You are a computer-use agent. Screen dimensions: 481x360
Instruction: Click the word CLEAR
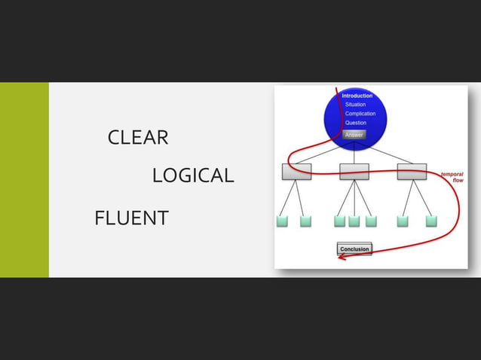point(138,137)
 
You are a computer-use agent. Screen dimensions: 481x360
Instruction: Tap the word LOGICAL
point(193,175)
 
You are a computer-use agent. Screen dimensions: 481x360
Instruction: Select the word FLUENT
point(132,218)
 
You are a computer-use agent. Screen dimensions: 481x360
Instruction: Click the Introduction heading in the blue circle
point(357,96)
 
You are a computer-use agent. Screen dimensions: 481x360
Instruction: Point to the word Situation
point(355,105)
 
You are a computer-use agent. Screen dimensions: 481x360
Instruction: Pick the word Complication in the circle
point(360,114)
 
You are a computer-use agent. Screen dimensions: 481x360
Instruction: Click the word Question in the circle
point(356,123)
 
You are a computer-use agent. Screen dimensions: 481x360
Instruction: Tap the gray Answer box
point(354,135)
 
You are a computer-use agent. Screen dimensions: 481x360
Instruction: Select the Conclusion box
point(354,249)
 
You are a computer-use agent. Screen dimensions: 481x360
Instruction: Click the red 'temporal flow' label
point(452,177)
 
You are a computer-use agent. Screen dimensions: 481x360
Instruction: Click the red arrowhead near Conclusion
point(342,257)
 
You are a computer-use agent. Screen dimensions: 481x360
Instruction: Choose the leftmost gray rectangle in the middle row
point(296,172)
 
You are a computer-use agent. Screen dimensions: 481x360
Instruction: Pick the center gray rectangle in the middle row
point(354,172)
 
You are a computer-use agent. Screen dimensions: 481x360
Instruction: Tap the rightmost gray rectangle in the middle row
point(412,172)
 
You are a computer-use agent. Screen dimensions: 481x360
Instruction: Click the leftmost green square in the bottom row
point(282,221)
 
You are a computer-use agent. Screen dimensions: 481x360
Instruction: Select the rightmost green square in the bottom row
point(431,221)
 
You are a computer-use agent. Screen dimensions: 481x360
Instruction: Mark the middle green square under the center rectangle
point(354,221)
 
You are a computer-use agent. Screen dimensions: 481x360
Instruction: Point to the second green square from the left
point(305,221)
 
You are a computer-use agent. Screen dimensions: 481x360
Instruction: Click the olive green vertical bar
point(24,180)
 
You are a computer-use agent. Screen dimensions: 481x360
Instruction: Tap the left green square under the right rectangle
point(403,221)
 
